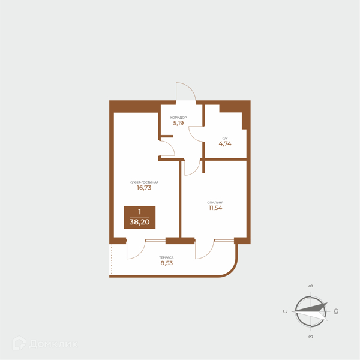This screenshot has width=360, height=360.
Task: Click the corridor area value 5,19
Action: click(178, 123)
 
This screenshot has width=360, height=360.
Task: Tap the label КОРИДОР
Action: click(178, 118)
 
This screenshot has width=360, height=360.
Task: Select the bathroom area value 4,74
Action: click(225, 144)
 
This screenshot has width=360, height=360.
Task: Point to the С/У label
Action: click(225, 138)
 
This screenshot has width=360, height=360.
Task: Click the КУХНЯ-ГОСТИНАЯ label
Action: click(144, 182)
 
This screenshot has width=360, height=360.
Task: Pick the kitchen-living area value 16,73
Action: click(144, 188)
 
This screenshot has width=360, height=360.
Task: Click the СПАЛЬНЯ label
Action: click(215, 203)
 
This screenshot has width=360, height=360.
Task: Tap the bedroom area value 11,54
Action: click(215, 208)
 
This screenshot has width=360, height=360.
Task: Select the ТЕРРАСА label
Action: click(166, 257)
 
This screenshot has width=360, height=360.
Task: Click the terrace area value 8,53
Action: click(166, 263)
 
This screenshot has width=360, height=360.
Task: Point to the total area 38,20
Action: click(140, 222)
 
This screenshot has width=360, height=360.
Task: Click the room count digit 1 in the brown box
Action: click(140, 212)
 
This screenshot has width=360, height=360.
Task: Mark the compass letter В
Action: click(311, 286)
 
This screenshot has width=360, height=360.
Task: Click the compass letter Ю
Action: click(336, 311)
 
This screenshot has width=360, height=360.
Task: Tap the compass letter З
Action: click(311, 337)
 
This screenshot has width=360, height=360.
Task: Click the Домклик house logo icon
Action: click(19, 343)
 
